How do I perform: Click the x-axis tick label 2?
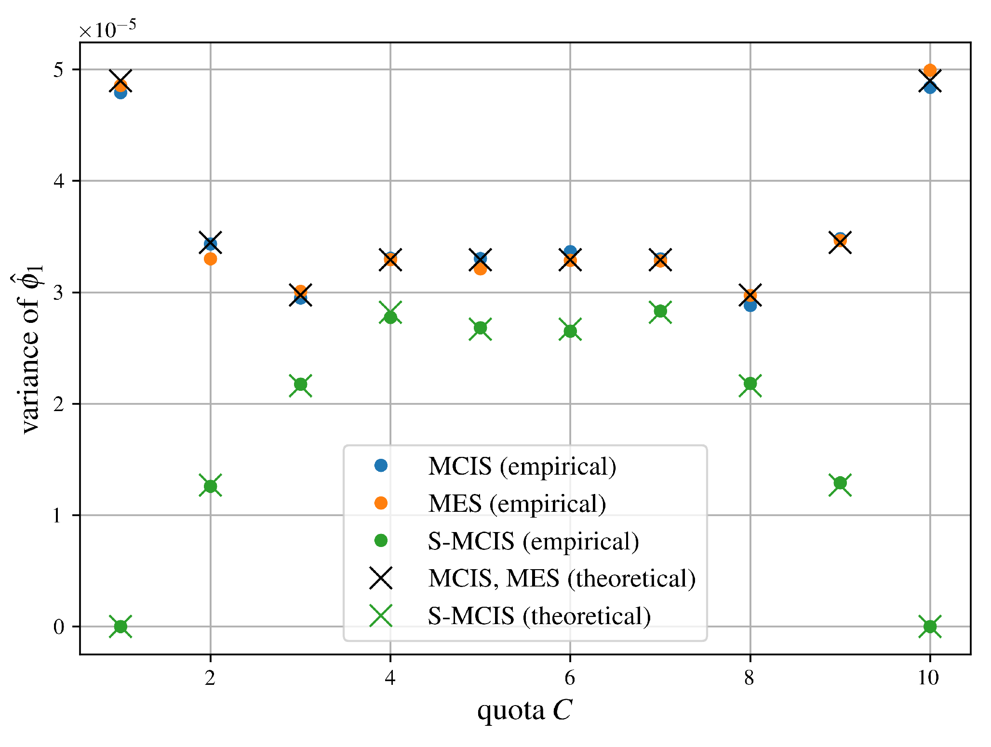(x=210, y=678)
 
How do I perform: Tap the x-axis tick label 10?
(x=928, y=678)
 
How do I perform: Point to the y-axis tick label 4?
(x=59, y=181)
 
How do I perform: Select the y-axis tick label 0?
(x=59, y=627)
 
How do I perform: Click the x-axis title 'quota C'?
(x=524, y=710)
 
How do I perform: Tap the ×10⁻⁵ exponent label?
(x=107, y=30)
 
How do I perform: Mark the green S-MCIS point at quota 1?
(x=121, y=627)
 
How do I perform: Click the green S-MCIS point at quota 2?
(x=210, y=486)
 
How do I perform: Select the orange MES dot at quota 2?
(x=210, y=259)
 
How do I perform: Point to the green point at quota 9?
(x=840, y=483)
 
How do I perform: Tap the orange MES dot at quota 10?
(x=930, y=70)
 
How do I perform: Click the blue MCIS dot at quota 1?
(x=121, y=93)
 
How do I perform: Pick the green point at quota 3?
(x=301, y=385)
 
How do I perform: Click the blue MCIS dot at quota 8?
(x=750, y=306)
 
